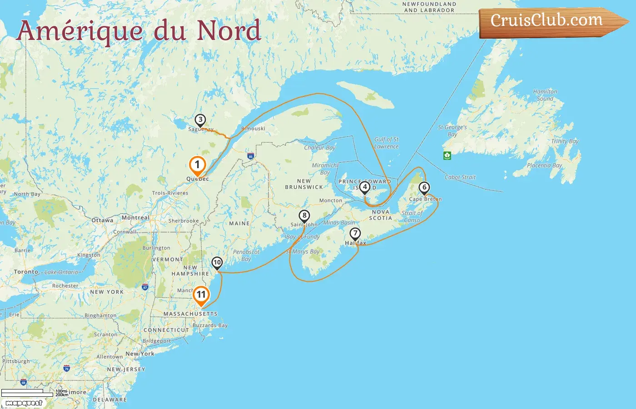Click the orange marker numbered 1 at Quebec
click(x=197, y=165)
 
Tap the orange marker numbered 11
click(x=201, y=295)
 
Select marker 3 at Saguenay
click(x=200, y=120)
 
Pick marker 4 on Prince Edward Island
click(x=364, y=187)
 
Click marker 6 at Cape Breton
click(x=424, y=188)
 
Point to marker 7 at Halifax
click(x=355, y=234)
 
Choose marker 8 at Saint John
click(x=304, y=216)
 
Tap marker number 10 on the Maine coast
click(x=217, y=263)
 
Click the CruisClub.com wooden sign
click(x=550, y=21)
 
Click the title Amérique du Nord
click(x=139, y=31)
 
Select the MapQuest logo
click(x=24, y=403)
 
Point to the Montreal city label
click(x=135, y=218)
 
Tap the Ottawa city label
click(x=103, y=220)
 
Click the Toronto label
click(x=26, y=272)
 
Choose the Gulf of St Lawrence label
click(x=386, y=143)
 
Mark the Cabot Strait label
click(x=460, y=177)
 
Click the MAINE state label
click(x=239, y=224)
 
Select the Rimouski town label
click(x=253, y=129)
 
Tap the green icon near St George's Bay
click(x=447, y=155)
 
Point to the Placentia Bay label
click(x=544, y=165)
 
